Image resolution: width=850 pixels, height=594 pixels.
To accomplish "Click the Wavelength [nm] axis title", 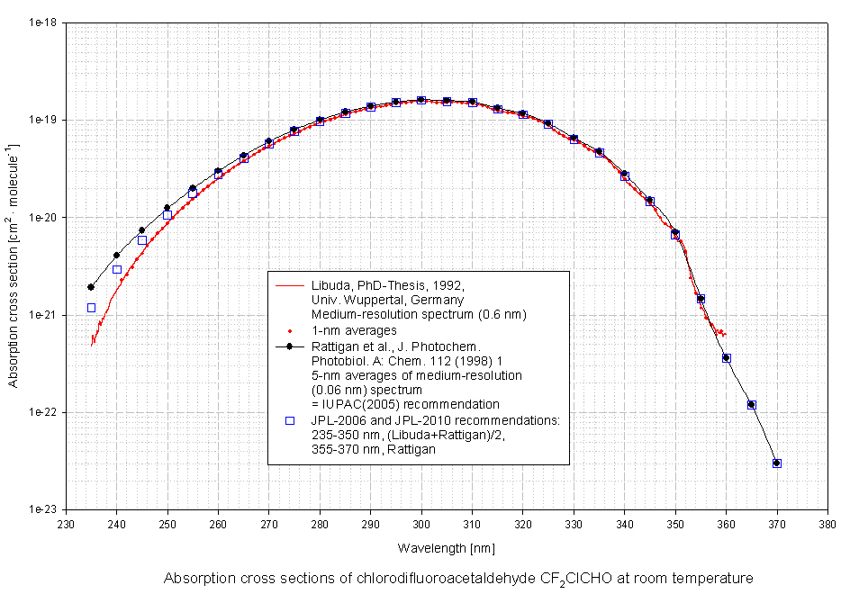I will (x=446, y=546).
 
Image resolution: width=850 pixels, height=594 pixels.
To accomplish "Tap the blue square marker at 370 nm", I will (x=777, y=463).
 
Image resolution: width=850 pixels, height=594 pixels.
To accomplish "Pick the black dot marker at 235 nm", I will (x=91, y=287).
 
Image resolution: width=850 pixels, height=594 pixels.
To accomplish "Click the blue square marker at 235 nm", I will (x=91, y=308).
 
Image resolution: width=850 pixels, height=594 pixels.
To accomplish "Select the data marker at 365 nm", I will (x=752, y=405).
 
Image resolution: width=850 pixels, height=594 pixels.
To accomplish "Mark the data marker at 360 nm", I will (x=726, y=358).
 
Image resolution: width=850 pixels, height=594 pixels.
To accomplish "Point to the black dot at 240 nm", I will (x=116, y=255).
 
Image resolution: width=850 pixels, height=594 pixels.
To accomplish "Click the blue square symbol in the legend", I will (x=290, y=420).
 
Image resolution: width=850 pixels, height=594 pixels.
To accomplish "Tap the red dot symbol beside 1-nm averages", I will (x=290, y=330).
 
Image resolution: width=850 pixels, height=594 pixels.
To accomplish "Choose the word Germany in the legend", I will (x=439, y=300).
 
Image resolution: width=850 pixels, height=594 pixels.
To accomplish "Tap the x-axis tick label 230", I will (x=66, y=523).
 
